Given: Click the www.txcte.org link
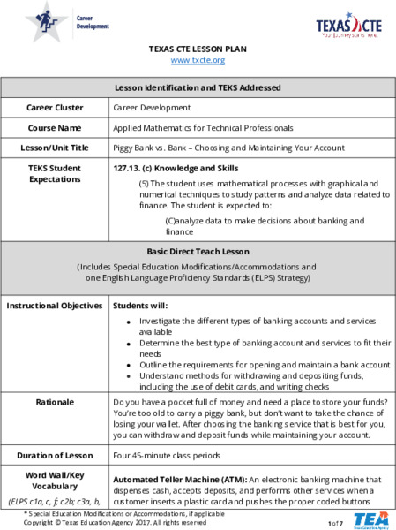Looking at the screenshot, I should point(198,60).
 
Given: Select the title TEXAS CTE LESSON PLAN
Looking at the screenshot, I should point(198,49).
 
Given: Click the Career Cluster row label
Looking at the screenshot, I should point(55,107).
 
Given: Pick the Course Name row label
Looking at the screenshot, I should point(55,127).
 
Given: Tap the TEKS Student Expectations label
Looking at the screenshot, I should point(55,173).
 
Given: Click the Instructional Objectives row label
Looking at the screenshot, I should point(55,306).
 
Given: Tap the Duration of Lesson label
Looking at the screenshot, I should point(55,456).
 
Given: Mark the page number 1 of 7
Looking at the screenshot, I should point(334,522).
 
